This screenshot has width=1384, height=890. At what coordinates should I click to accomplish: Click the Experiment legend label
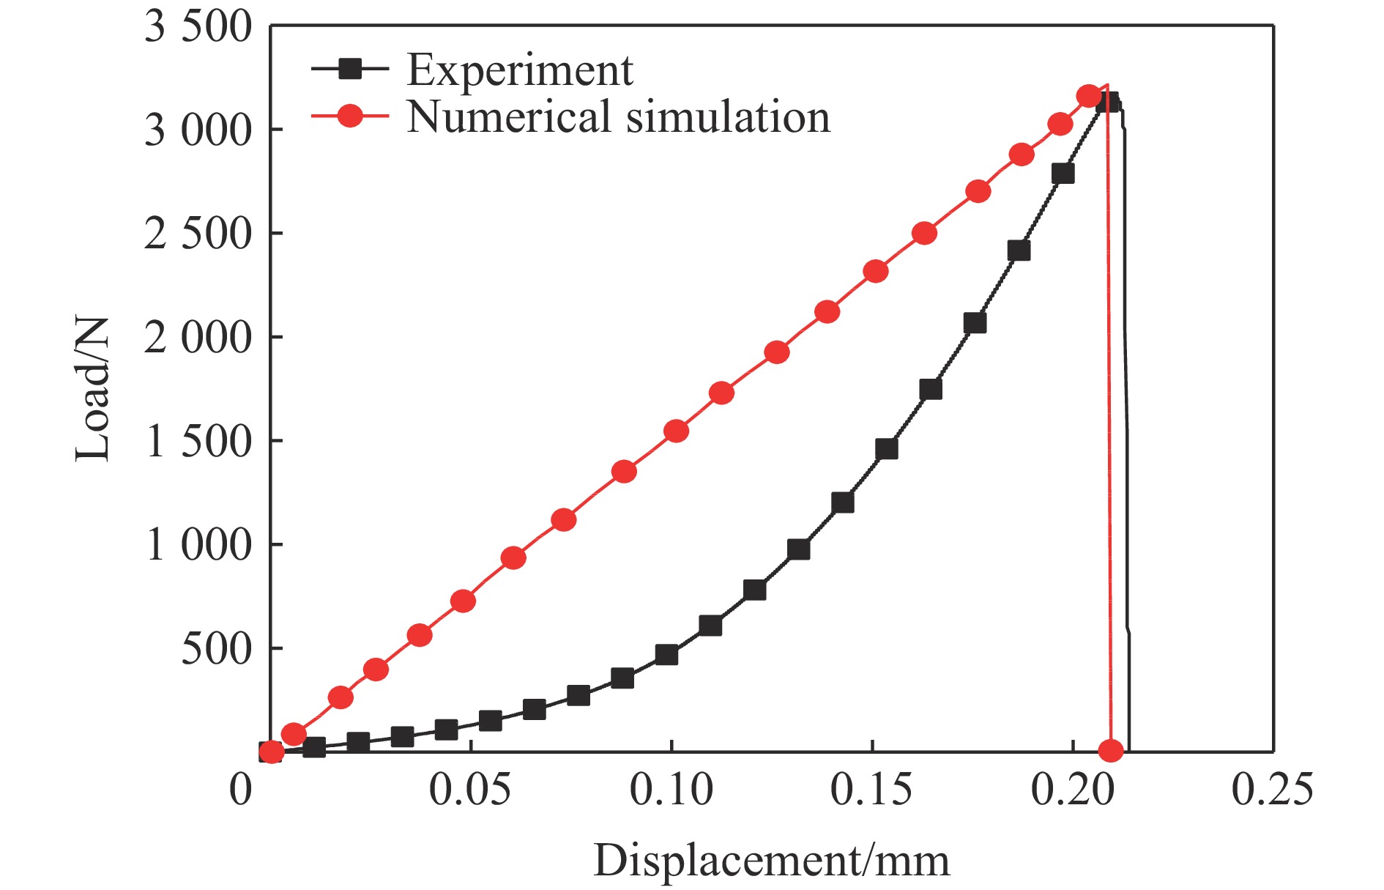pyautogui.click(x=519, y=70)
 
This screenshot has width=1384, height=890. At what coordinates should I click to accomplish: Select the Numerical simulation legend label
pyautogui.click(x=618, y=117)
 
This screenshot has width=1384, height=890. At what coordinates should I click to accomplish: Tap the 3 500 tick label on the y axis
pyautogui.click(x=198, y=28)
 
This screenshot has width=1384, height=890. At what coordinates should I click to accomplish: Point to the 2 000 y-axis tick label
pyautogui.click(x=198, y=338)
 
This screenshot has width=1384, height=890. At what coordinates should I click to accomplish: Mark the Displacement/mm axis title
pyautogui.click(x=771, y=861)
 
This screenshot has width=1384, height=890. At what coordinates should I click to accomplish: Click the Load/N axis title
pyautogui.click(x=93, y=389)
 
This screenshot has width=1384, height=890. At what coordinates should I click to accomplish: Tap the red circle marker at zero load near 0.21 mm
pyautogui.click(x=1111, y=750)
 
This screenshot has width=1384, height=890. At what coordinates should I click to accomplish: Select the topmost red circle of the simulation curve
pyautogui.click(x=1089, y=96)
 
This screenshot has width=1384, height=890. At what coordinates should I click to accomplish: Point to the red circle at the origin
pyautogui.click(x=271, y=752)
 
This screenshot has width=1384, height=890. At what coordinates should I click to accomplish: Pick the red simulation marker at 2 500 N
pyautogui.click(x=925, y=234)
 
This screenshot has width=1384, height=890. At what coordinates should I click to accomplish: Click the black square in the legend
pyautogui.click(x=351, y=70)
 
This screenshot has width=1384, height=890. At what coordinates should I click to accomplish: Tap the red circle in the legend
pyautogui.click(x=351, y=116)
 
